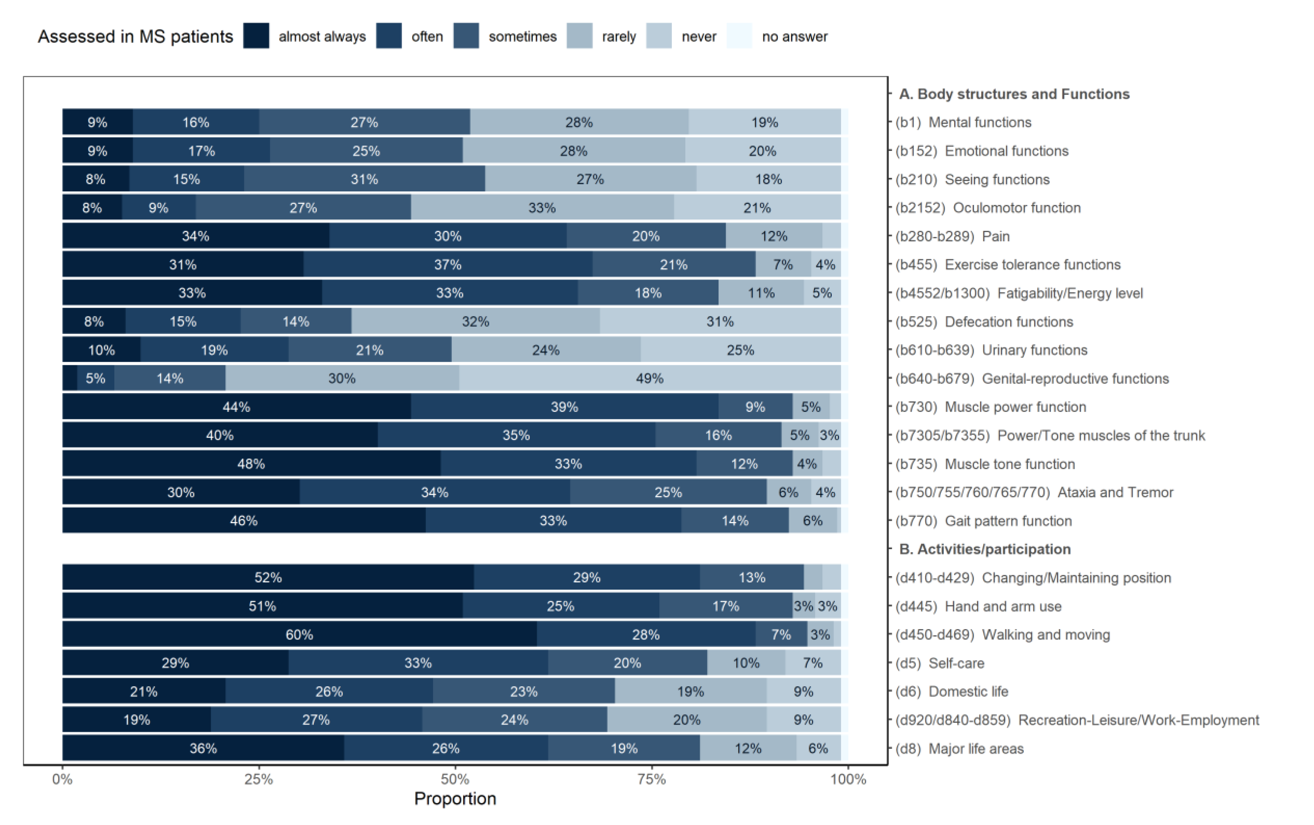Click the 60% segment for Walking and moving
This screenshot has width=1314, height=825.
coord(299,635)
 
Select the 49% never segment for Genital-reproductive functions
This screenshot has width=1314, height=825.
coord(649,378)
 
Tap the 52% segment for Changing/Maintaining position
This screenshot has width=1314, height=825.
coord(268,577)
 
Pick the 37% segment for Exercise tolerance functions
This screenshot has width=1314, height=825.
coord(448,264)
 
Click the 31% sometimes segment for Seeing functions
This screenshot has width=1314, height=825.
coord(364,179)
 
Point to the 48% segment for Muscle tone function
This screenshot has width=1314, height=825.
coord(251,464)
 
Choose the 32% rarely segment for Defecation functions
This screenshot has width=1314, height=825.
coord(475,321)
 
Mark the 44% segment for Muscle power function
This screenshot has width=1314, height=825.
coord(236,406)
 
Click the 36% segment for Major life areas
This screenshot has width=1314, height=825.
coord(203,748)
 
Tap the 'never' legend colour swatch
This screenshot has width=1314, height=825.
coord(659,36)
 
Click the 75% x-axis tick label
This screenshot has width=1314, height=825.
coord(651,779)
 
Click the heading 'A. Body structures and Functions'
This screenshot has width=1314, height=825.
coord(1014,94)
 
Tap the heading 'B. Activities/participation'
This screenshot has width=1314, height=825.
coord(985,549)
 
